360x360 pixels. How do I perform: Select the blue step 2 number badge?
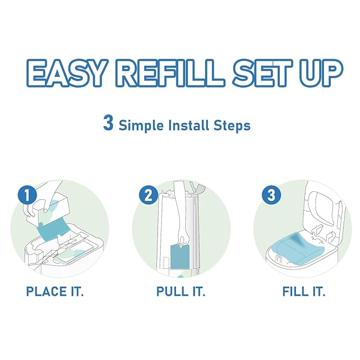pos(149,195)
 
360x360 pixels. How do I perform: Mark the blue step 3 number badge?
pos(271,195)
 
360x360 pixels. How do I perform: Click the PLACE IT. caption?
pos(55,292)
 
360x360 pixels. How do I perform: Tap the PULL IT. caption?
pos(180,292)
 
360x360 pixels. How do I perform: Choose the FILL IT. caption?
pos(304,292)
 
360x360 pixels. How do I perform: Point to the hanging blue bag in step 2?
pos(179,257)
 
